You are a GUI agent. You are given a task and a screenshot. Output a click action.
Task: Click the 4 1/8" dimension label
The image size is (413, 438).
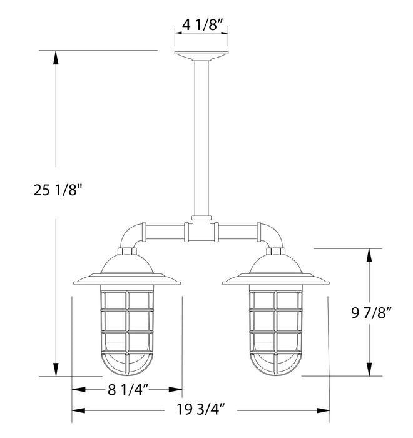[200, 26]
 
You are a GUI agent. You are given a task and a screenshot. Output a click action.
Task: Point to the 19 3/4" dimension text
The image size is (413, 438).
[201, 410]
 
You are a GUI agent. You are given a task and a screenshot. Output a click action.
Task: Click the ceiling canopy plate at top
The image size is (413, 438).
[201, 55]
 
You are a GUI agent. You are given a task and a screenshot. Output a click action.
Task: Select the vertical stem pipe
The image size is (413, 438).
[201, 138]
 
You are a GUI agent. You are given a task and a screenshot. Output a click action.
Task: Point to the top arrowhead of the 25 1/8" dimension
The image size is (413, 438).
[57, 56]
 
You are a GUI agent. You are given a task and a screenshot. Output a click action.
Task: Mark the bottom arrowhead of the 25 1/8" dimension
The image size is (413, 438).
[57, 370]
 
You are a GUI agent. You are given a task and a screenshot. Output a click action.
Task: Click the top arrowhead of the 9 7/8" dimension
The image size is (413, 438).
[373, 254]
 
